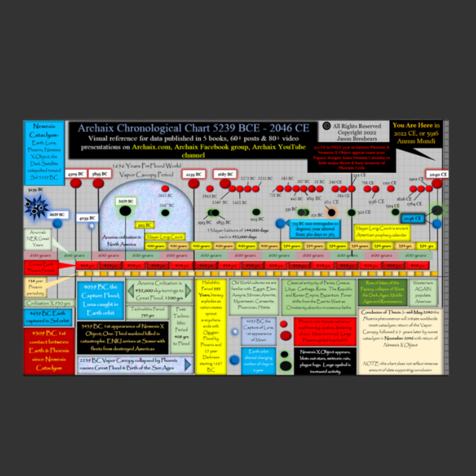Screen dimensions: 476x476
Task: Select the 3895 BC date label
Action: (99, 174)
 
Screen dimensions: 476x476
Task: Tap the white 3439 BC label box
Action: (125, 201)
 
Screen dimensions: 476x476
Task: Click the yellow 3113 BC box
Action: (144, 225)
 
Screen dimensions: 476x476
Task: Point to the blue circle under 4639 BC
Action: (57, 224)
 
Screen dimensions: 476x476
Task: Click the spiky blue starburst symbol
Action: (36, 207)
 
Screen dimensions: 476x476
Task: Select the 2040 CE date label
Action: (437, 174)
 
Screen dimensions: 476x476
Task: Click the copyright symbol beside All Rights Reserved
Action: (326, 126)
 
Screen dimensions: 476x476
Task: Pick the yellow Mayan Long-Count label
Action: (165, 237)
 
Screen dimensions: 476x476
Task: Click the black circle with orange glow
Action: (332, 213)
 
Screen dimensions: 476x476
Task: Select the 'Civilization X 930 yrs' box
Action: (47, 303)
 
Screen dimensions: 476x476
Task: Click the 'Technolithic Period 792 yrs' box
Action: (147, 312)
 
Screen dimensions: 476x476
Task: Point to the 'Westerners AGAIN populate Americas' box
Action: (422, 292)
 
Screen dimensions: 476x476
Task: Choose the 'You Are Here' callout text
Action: (416, 133)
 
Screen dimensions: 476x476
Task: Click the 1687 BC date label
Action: (225, 174)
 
